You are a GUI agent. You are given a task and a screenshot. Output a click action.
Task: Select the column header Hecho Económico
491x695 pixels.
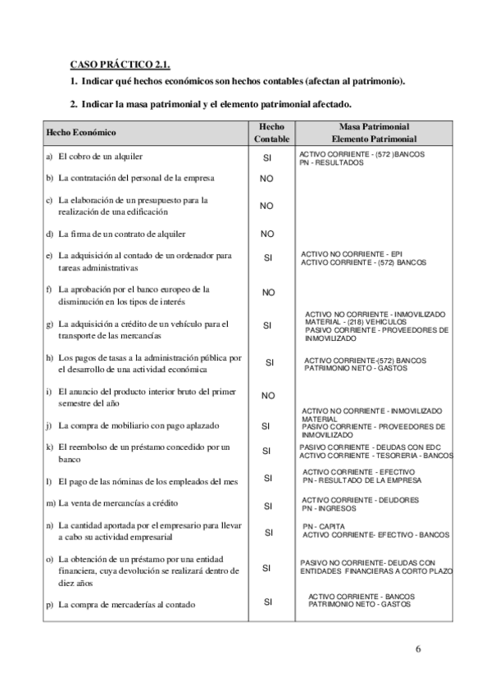[x=81, y=133]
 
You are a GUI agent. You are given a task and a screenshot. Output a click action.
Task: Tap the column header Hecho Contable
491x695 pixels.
[x=271, y=133]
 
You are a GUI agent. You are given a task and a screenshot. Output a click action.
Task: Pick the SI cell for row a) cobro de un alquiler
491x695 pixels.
[x=267, y=157]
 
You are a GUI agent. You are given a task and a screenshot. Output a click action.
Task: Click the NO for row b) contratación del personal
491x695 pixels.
[x=267, y=178]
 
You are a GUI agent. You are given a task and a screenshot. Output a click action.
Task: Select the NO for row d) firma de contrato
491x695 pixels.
[x=267, y=234]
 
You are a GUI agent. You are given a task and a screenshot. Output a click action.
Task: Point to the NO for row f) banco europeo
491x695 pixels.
[x=267, y=293]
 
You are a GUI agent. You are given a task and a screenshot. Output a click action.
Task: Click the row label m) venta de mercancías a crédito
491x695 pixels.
[x=113, y=502]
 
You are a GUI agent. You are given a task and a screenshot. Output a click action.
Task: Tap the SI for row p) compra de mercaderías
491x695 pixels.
[x=267, y=602]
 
